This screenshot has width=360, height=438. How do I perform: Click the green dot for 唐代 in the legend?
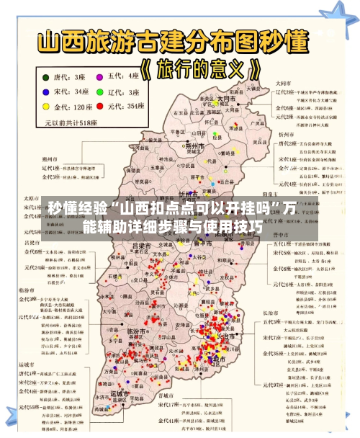46,76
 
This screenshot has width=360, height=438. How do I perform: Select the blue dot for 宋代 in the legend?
46,91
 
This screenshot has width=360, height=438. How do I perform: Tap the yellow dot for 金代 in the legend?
46,107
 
